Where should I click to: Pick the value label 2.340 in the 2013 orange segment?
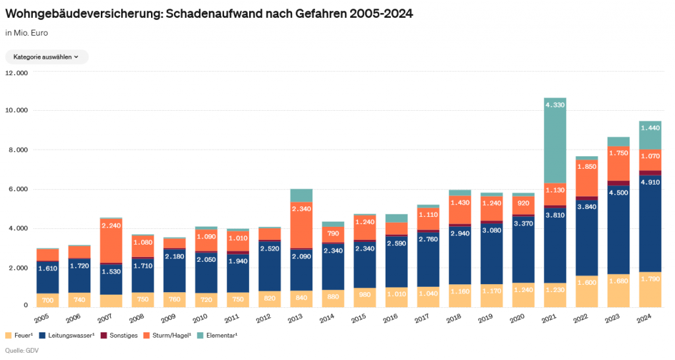point(301,209)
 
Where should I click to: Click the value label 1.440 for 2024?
point(650,127)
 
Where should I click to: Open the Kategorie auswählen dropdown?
point(46,57)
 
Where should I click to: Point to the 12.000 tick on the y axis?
point(16,73)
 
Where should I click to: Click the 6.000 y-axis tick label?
point(18,189)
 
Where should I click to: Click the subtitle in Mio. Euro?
point(26,32)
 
